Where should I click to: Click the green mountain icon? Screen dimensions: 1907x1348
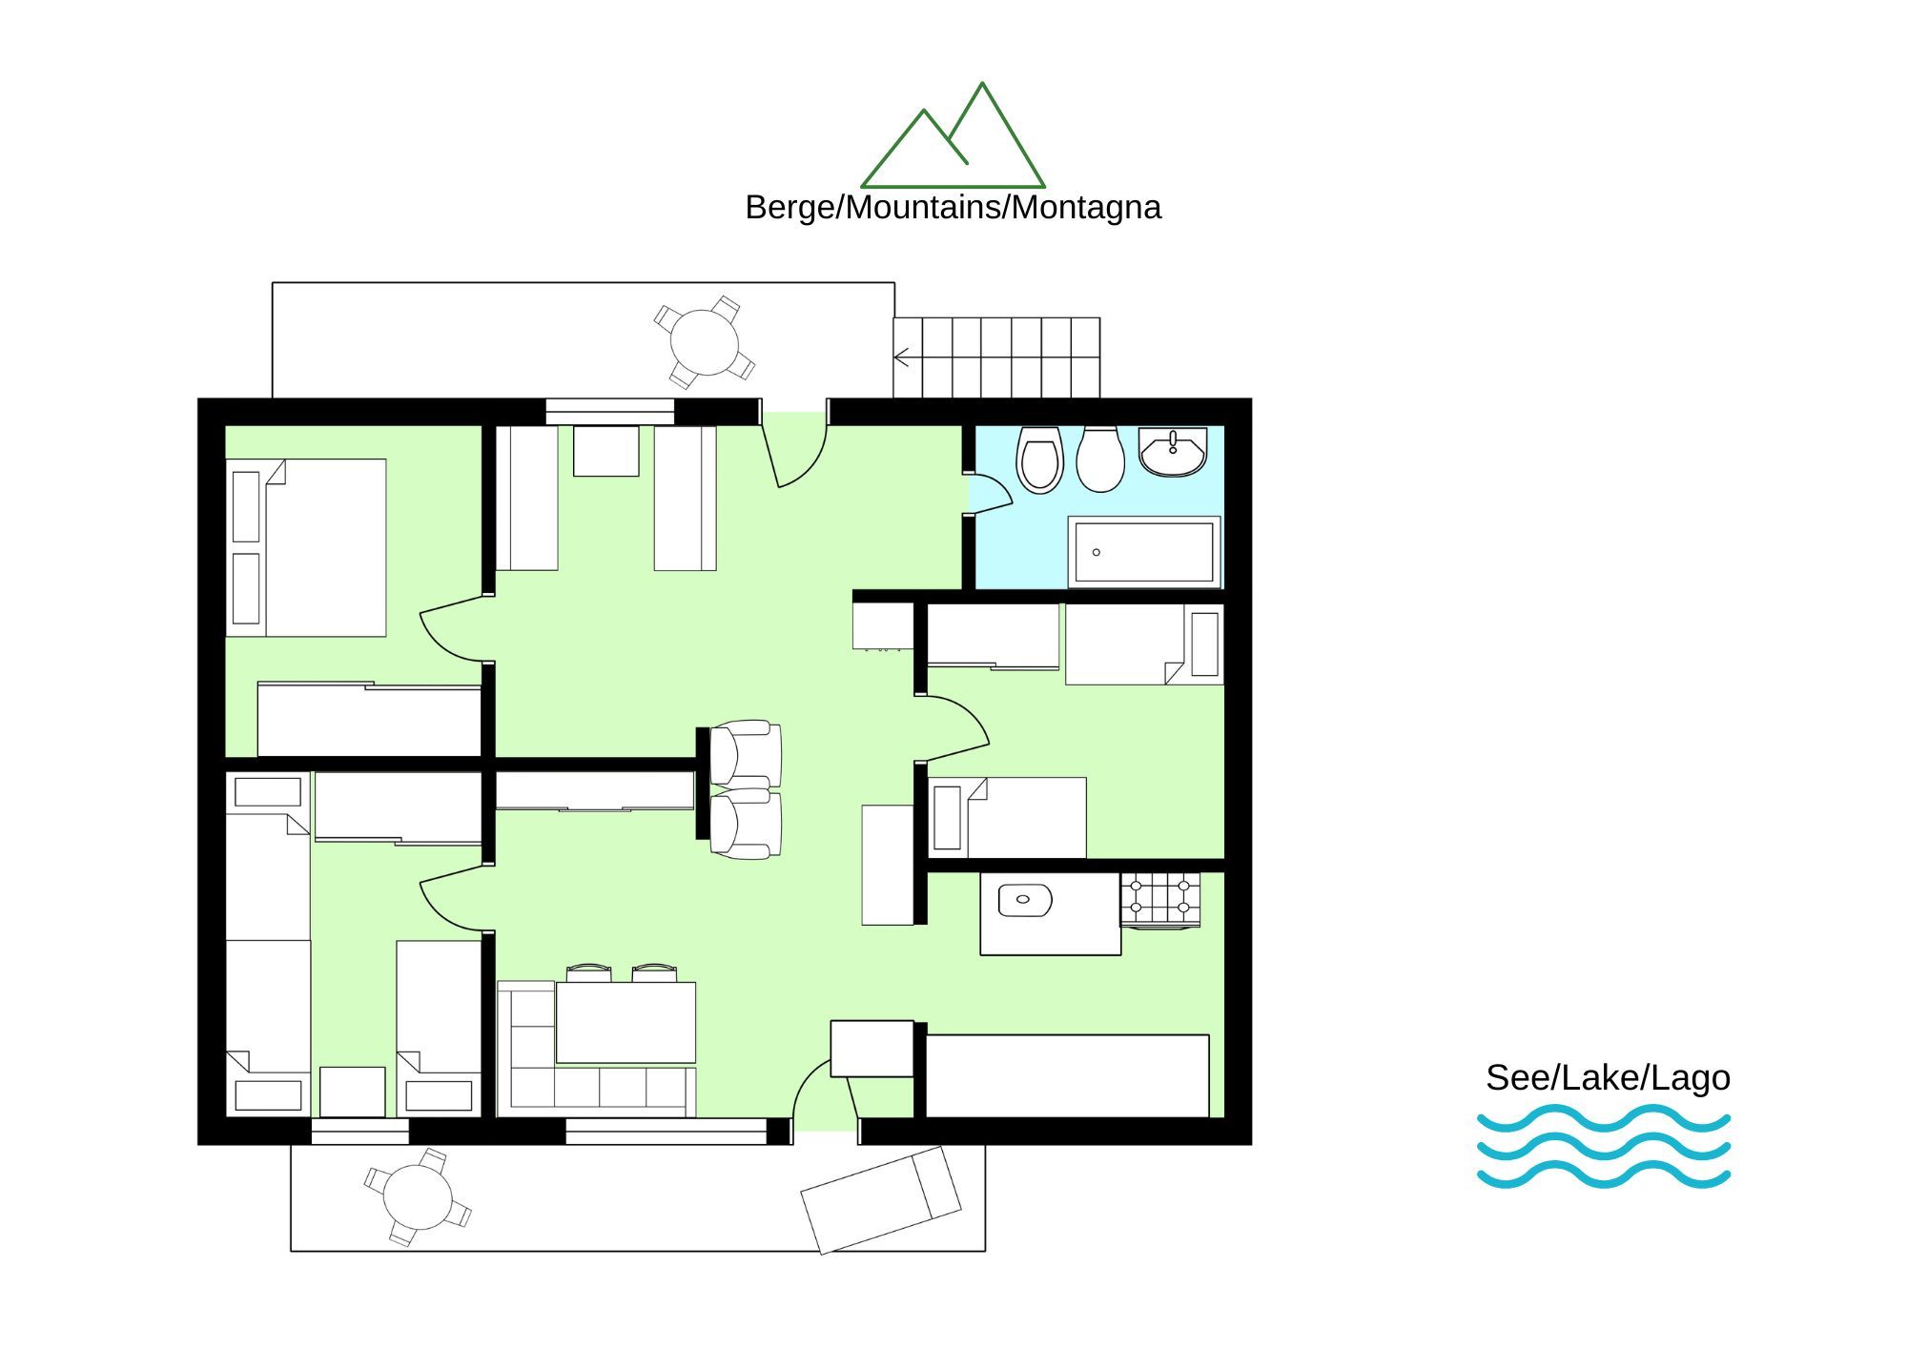953,134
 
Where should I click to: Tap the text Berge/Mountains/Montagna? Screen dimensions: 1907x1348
953,207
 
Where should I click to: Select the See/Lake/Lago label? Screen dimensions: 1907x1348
1608,1077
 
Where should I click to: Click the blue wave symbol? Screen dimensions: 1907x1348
1604,1147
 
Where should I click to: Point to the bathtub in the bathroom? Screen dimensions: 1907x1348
1144,552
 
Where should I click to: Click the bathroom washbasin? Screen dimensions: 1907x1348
1173,452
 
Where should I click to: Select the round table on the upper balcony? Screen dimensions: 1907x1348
705,342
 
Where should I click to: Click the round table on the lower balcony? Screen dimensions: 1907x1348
418,1197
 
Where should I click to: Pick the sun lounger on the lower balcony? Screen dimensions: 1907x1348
881,1199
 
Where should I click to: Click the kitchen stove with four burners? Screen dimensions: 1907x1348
1159,900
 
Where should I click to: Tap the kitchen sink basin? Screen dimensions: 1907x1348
1024,900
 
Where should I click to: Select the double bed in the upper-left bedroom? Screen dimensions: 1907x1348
306,548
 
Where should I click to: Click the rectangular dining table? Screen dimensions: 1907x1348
625,1022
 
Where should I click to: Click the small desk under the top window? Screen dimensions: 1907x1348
605,451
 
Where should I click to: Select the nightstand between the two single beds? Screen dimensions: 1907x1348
353,1093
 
